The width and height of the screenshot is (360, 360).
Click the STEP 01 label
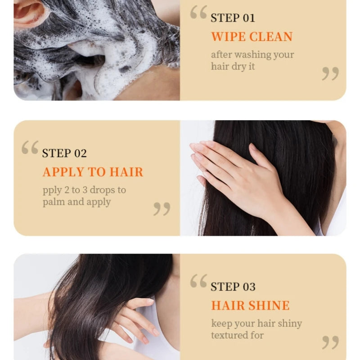(x=233, y=18)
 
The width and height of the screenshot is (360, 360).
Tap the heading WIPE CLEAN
(x=252, y=36)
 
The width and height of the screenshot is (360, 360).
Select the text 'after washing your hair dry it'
(x=252, y=60)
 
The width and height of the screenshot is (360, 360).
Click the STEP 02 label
(x=64, y=153)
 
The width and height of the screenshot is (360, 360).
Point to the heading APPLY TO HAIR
(x=93, y=172)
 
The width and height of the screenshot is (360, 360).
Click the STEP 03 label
(x=233, y=287)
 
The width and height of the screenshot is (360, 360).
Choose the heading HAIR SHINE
(x=250, y=306)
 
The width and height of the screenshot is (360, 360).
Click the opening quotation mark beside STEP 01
(x=198, y=13)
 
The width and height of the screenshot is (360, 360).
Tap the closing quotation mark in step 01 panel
(x=330, y=73)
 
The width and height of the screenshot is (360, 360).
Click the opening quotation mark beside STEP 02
(x=30, y=148)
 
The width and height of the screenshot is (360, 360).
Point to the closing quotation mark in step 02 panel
(x=162, y=208)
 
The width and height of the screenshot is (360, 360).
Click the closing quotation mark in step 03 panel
(x=330, y=342)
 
